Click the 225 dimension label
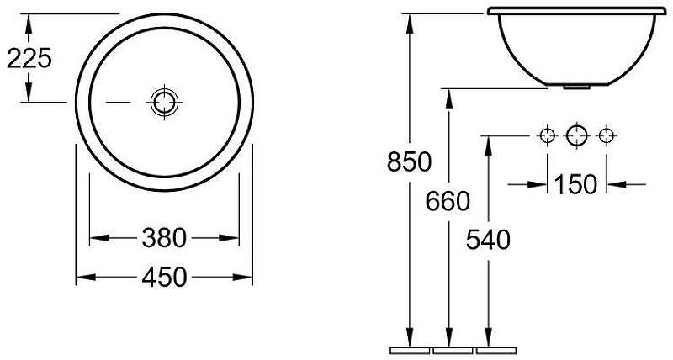(29, 58)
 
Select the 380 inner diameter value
(165, 239)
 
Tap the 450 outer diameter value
(165, 277)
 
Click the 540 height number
(488, 240)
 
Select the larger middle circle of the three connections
(575, 135)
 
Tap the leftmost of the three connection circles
(548, 135)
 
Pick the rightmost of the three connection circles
(604, 135)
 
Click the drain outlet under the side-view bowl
(575, 84)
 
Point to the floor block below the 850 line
(411, 349)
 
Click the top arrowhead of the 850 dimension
(410, 22)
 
